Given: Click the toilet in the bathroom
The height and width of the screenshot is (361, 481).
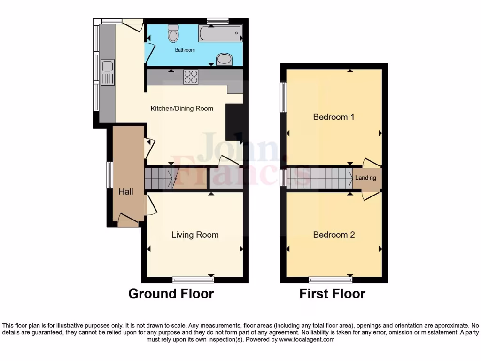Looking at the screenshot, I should (173, 33).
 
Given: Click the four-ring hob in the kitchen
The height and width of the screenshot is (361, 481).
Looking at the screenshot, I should (190, 76).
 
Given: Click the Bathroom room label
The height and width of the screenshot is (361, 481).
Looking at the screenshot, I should (185, 50).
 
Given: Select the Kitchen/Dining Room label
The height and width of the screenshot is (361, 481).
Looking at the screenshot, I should (182, 109).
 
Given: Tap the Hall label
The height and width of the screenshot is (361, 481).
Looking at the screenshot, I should (125, 192).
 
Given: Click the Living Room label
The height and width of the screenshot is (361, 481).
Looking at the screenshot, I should (195, 235).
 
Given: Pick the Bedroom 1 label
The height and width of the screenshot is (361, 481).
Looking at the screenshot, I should (334, 117).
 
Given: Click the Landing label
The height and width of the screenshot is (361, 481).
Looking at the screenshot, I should (365, 178).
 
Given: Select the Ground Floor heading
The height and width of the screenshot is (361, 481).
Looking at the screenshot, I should (171, 294).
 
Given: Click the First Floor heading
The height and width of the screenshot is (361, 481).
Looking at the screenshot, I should (332, 294).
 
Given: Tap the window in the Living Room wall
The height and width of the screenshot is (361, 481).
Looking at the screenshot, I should (193, 280).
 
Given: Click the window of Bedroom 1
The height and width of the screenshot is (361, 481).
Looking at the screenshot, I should (284, 98).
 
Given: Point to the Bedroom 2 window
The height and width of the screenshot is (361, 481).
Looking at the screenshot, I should (331, 280).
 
